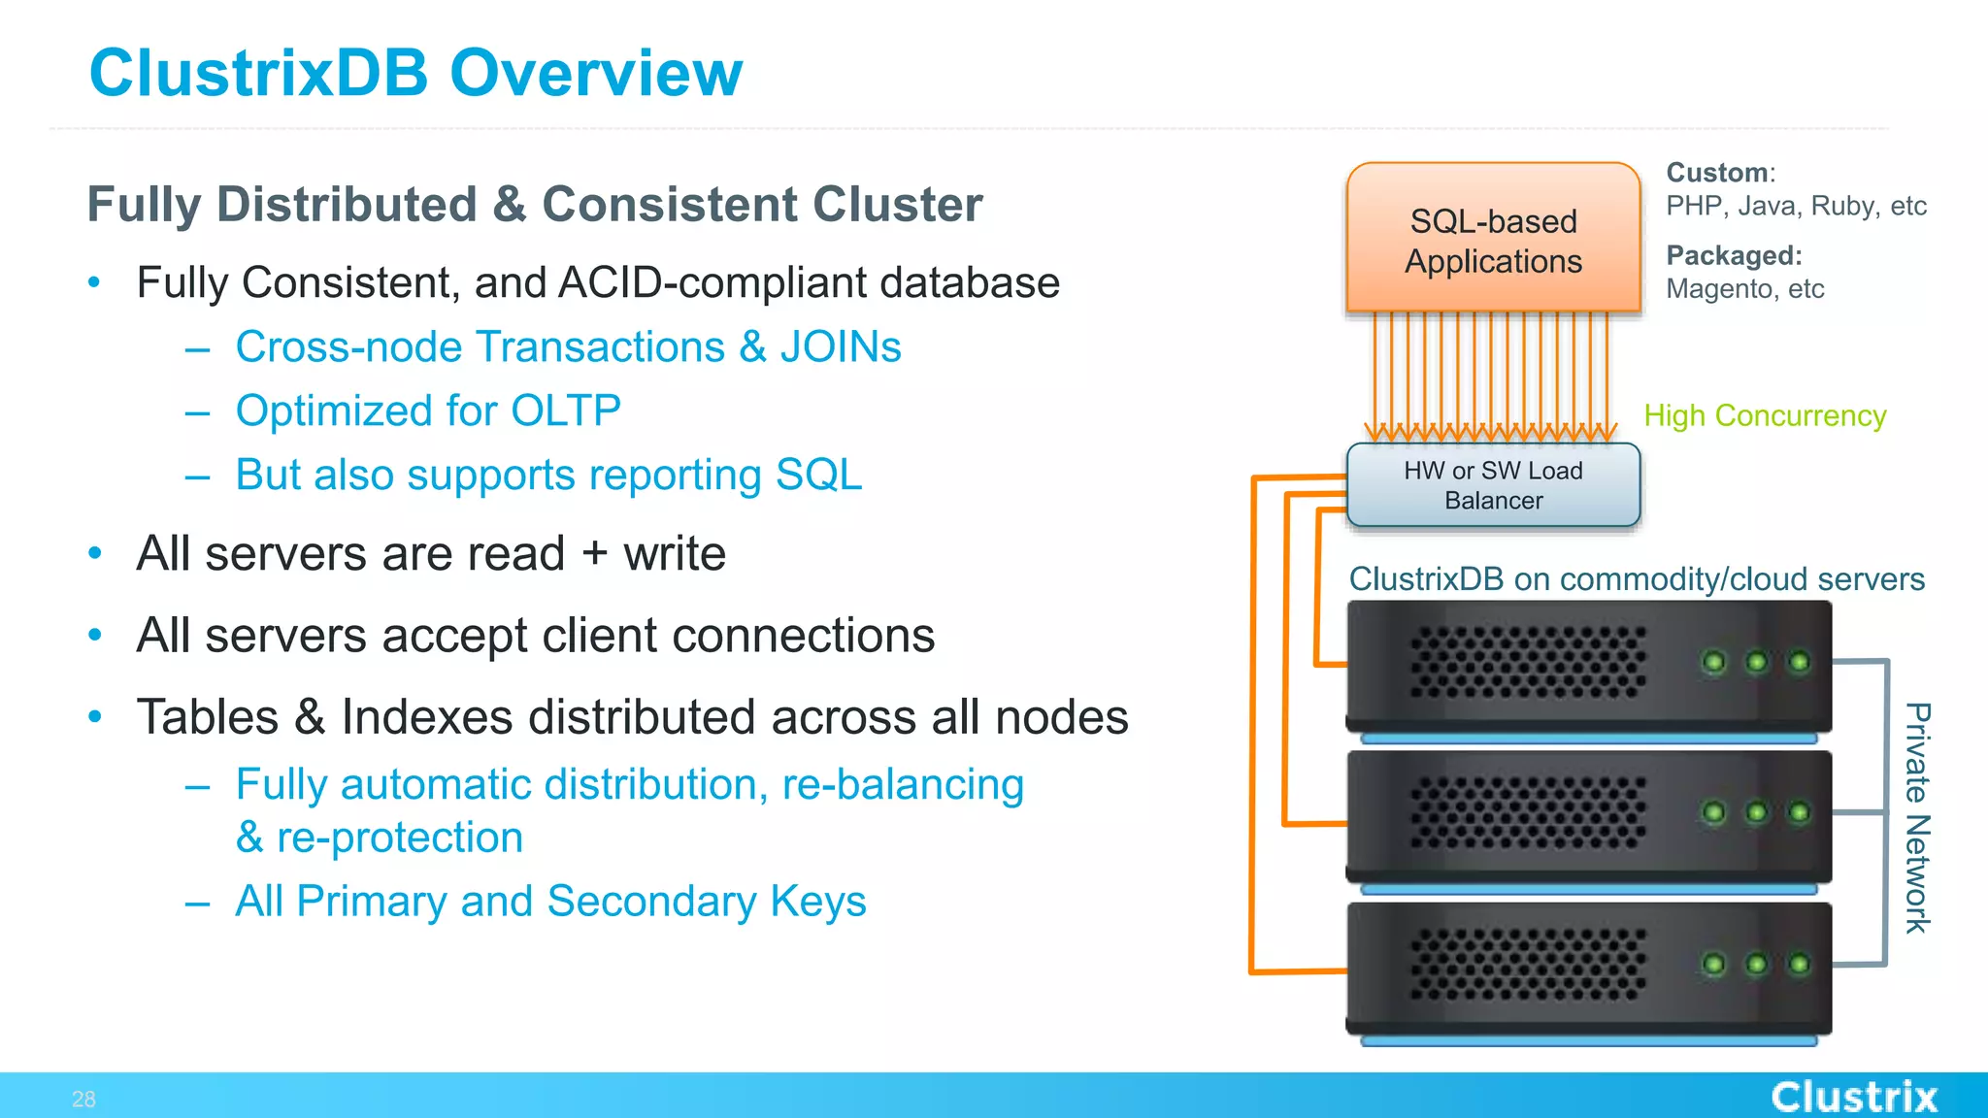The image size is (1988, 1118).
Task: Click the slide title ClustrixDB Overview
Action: click(415, 74)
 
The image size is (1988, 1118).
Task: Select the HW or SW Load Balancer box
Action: click(1493, 485)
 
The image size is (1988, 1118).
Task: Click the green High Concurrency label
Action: click(1764, 415)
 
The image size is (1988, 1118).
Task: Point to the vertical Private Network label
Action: click(1916, 817)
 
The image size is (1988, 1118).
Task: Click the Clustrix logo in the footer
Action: click(1853, 1097)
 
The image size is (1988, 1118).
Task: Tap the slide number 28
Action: click(83, 1099)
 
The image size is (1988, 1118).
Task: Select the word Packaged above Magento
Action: click(1732, 255)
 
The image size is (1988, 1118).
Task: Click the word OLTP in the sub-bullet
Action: click(565, 411)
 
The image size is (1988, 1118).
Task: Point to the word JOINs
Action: click(841, 347)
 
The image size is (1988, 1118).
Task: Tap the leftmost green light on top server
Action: click(1714, 662)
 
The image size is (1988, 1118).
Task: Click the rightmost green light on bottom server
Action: click(1799, 964)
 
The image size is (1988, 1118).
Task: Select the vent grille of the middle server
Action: click(1527, 812)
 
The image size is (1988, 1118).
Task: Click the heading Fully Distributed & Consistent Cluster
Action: click(534, 205)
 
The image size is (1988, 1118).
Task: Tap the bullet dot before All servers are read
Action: click(94, 553)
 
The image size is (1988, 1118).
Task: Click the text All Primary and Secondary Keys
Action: click(550, 901)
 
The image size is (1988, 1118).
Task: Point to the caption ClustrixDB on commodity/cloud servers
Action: click(1636, 579)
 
